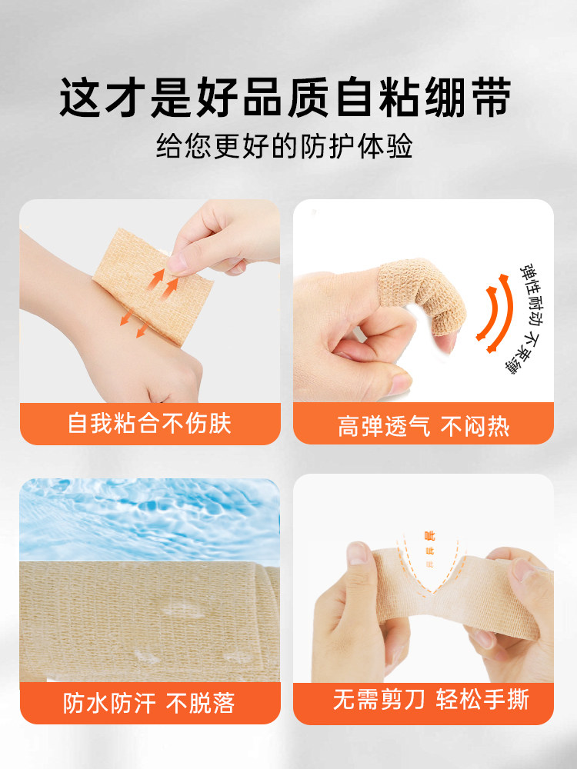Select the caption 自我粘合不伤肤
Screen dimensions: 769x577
[x=149, y=424]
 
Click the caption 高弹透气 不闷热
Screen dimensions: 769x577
[x=423, y=425]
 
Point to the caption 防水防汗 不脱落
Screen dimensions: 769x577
[x=149, y=702]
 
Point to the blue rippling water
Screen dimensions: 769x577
[x=149, y=515]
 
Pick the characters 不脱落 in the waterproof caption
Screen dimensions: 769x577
[x=202, y=702]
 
